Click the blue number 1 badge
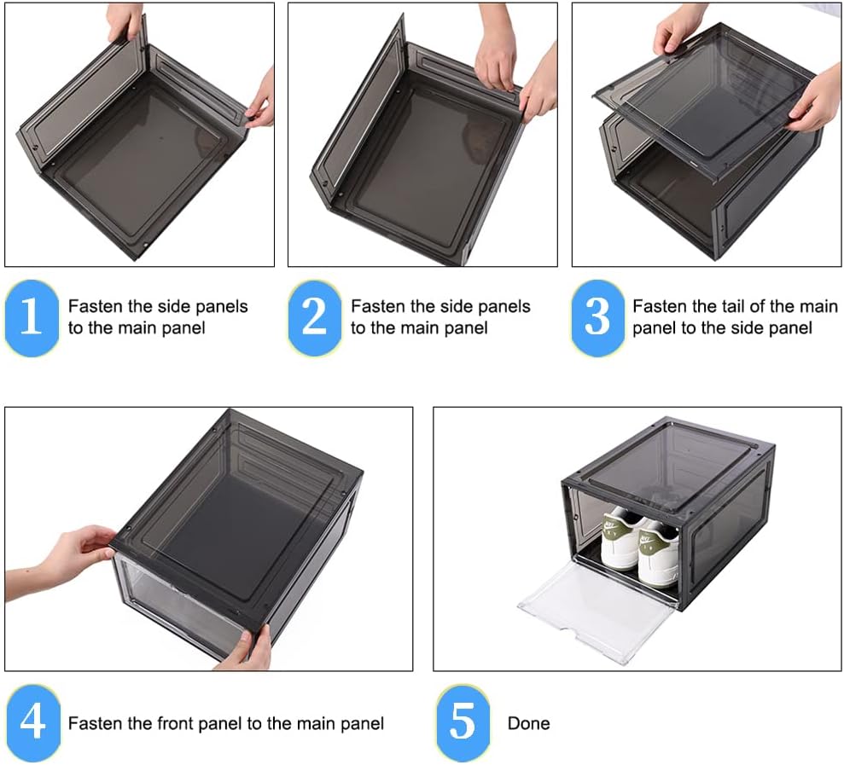point(32,317)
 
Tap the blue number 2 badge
point(315,317)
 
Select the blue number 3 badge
point(597,317)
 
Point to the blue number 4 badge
point(32,723)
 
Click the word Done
point(528,724)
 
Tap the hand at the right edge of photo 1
point(262,101)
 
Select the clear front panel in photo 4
point(171,606)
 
